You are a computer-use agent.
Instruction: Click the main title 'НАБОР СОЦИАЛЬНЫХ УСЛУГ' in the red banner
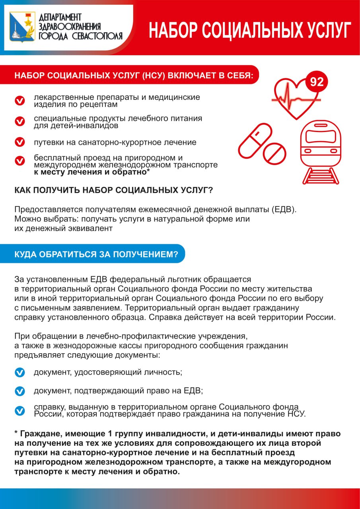(250, 30)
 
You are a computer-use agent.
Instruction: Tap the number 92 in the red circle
(317, 82)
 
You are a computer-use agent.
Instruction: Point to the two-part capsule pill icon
(255, 140)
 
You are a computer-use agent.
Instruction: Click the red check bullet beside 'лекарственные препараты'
(19, 101)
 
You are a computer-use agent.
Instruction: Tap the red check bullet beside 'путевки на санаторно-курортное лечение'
(19, 142)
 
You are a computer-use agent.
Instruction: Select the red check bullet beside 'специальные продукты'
(19, 121)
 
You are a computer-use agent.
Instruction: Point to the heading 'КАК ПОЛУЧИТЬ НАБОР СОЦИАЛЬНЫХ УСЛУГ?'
(113, 190)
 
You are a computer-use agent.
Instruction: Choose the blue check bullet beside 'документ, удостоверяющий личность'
(19, 373)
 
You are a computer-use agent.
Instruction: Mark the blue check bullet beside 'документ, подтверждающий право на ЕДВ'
(19, 391)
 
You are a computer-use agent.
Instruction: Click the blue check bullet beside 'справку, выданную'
(19, 410)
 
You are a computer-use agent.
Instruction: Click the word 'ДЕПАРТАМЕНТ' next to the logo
(60, 17)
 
